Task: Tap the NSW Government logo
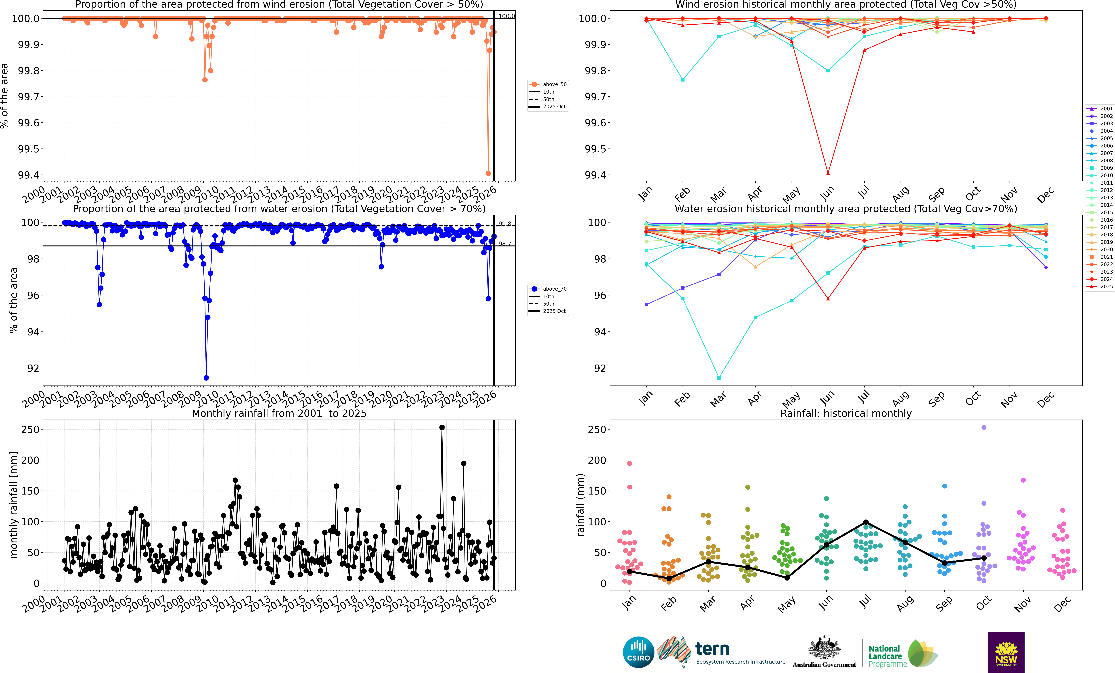[1006, 652]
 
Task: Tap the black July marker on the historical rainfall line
[866, 522]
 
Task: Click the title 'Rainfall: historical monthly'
[846, 413]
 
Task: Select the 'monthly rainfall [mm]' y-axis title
[14, 505]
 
